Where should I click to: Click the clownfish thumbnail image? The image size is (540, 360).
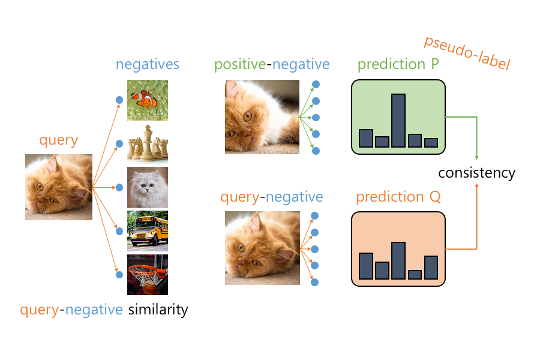pos(148,100)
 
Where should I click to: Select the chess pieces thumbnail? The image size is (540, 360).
pos(148,143)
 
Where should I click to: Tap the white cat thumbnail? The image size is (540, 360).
pos(148,187)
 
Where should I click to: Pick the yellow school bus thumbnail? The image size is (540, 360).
pos(148,230)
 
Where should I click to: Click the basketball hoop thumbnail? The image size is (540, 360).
pos(148,274)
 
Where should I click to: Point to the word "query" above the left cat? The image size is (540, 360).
pos(59,141)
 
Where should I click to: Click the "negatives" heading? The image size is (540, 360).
pos(148,64)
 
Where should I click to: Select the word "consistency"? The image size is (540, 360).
pos(476,173)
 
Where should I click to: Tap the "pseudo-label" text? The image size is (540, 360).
pos(466,53)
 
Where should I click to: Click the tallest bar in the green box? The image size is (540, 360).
pos(398,121)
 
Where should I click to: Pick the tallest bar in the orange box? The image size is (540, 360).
pos(398,260)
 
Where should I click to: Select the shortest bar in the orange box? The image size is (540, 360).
pos(415,274)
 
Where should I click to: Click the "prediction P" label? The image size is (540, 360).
pos(398,64)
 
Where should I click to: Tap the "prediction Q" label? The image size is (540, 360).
pos(398,197)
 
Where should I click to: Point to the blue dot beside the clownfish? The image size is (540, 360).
pos(119,100)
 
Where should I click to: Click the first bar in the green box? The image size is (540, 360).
pos(366,138)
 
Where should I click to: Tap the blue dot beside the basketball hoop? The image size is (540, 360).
pos(119,275)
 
